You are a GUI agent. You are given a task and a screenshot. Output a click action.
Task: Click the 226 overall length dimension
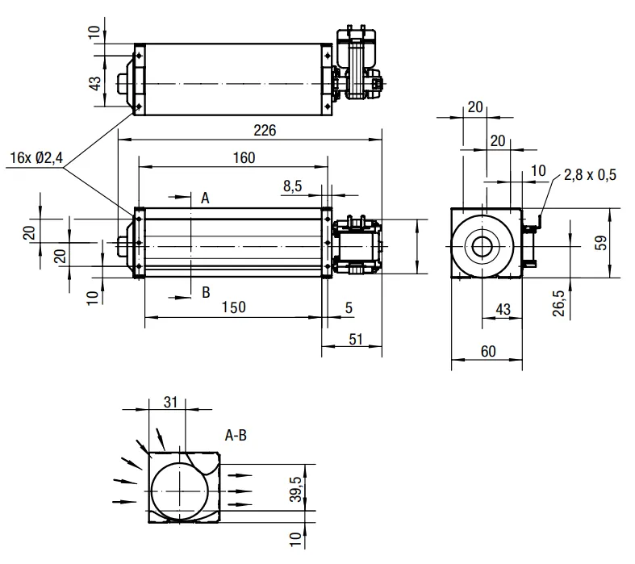tap(265, 131)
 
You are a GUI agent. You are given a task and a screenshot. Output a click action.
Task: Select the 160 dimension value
tap(244, 157)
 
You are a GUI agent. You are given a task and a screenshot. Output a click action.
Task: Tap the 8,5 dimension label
tap(292, 186)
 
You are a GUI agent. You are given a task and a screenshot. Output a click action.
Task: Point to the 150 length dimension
tap(234, 307)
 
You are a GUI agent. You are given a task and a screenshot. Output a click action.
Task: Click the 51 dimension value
tap(356, 340)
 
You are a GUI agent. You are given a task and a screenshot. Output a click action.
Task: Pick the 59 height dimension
tap(602, 243)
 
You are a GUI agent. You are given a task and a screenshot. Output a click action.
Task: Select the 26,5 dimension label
tap(558, 303)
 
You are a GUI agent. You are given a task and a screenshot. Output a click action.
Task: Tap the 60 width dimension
tap(488, 351)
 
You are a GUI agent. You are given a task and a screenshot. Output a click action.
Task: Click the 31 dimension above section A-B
tap(170, 402)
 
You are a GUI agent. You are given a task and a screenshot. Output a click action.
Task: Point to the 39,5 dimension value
tap(296, 489)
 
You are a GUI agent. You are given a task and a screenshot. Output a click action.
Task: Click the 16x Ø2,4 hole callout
tap(36, 157)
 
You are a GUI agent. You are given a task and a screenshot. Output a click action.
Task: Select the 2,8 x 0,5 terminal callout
tap(590, 175)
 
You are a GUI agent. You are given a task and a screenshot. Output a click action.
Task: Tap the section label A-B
tap(236, 436)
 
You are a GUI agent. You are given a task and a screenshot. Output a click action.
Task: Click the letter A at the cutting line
tap(205, 198)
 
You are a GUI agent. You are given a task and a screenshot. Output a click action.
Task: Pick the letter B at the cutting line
tap(206, 292)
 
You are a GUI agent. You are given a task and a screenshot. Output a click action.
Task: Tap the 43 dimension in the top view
tap(95, 84)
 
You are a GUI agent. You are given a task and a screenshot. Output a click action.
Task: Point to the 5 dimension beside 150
tap(349, 307)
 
